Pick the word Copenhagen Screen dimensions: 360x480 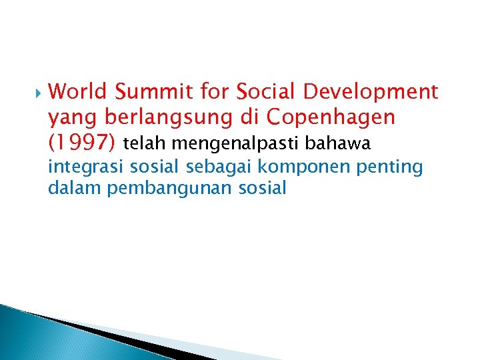(330, 118)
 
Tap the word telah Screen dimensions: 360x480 (143, 143)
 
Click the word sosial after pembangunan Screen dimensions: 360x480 (262, 189)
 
